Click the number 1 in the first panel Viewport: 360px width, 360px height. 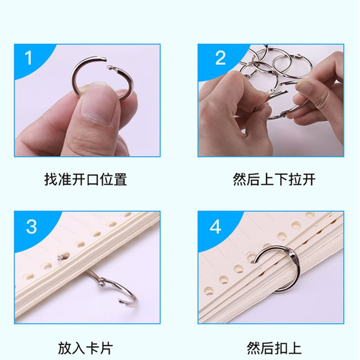point(28,58)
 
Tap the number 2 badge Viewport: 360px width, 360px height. point(220,58)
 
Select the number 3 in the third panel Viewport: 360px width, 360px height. point(31,226)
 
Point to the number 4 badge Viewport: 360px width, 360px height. point(216,226)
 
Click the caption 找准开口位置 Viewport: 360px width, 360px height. point(85,179)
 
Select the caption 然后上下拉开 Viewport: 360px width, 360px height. point(274,179)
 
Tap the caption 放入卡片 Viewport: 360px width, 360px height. point(85,348)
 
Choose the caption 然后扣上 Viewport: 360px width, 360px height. point(274,348)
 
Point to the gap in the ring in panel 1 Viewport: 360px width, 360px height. point(107,63)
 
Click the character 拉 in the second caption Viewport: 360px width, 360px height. point(295,179)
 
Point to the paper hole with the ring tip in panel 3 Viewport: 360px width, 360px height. point(63,256)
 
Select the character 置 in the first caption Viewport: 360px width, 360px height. point(120,179)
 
